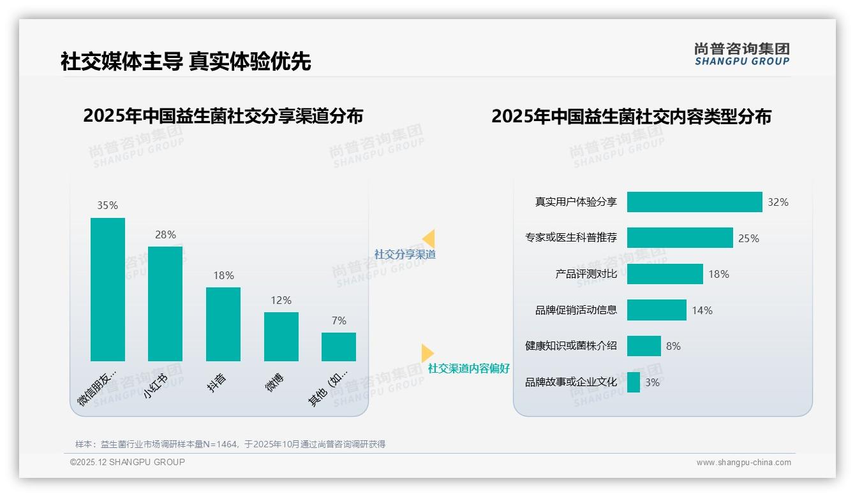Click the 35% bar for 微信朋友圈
coord(108,289)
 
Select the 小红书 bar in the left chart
coord(165,304)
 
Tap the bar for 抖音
coord(223,324)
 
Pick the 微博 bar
coord(281,336)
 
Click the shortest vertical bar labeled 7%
coord(339,347)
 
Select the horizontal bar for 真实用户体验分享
coord(694,202)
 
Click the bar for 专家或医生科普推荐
coord(680,238)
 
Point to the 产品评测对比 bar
coord(665,274)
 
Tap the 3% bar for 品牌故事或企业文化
coord(634,382)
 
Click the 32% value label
coord(778,202)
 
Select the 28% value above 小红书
coord(165,234)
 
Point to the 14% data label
coord(702,310)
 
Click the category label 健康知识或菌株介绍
coord(571,346)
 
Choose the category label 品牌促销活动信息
coord(576,310)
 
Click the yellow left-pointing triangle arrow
coord(429,238)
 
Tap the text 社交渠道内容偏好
coord(469,368)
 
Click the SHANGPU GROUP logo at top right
coord(741,54)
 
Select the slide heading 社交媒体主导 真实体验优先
coord(186,61)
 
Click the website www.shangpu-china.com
coord(743,463)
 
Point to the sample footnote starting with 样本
coord(230,444)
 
